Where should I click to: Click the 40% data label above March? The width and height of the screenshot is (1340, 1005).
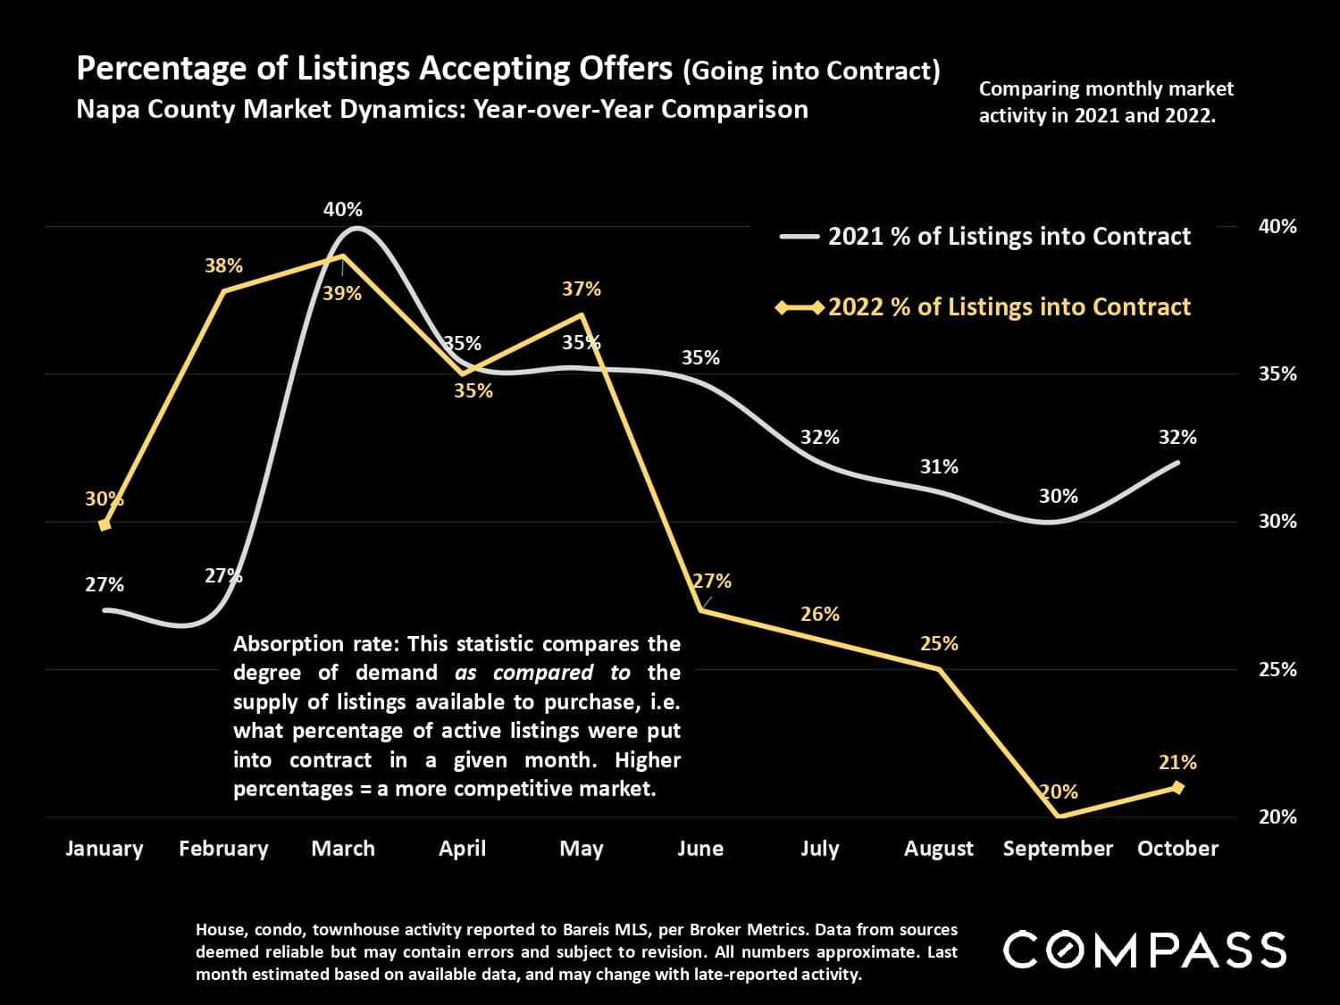coord(343,210)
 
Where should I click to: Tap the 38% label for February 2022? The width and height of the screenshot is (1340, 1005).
coord(223,265)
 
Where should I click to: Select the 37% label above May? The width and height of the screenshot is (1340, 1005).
coord(582,289)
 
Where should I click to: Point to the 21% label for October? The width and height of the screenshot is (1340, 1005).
coord(1177,762)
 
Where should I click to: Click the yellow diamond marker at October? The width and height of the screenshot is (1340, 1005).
coord(1177,787)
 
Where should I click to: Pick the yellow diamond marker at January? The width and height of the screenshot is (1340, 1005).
coord(105,524)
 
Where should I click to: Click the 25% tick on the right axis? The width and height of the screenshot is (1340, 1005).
coord(1277,669)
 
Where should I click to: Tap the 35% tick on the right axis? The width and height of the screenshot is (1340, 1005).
coord(1277,373)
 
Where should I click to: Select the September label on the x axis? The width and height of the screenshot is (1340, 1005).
coord(1058,849)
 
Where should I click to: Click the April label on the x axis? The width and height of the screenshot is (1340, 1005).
coord(462,849)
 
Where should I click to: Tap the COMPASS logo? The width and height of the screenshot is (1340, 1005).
coord(1145,949)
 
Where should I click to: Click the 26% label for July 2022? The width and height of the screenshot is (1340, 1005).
coord(820,614)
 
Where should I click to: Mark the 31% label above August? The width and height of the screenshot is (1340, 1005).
coord(939,466)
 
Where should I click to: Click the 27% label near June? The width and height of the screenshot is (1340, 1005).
coord(712,581)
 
